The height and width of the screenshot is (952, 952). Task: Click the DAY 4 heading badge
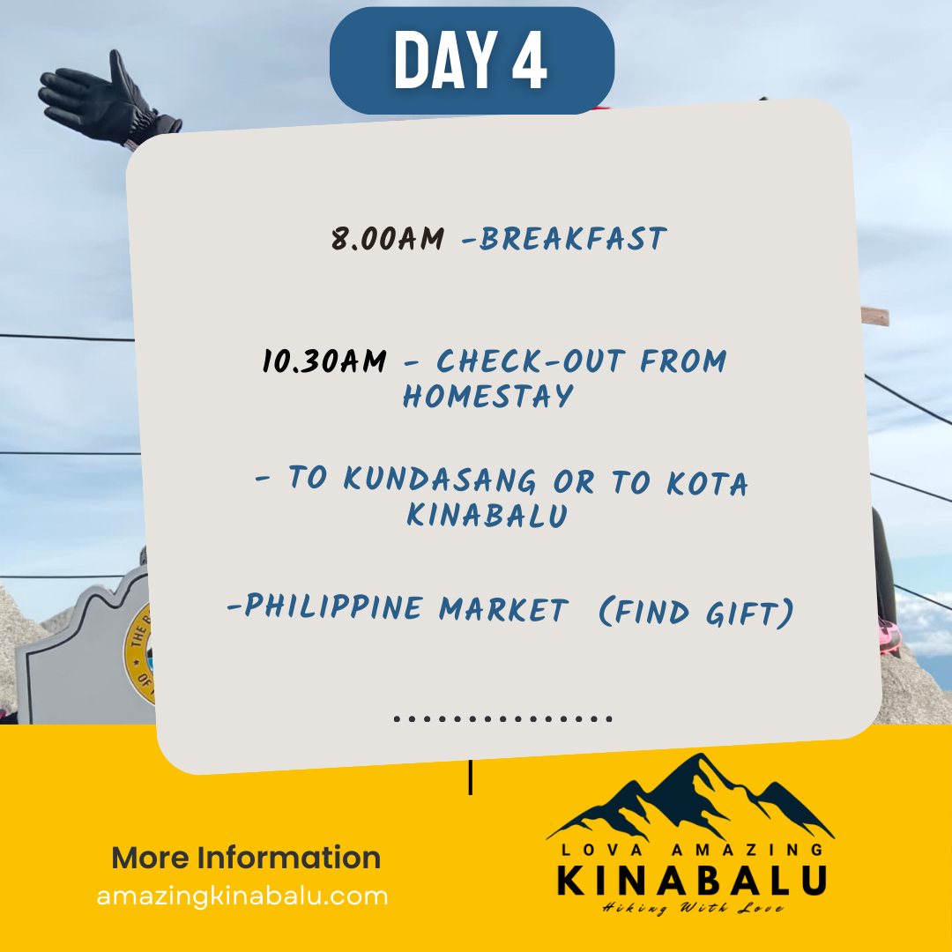[472, 60]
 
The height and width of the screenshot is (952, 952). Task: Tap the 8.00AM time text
[388, 238]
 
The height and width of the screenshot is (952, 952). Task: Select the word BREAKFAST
[573, 239]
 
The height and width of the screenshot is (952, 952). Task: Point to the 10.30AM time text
[324, 361]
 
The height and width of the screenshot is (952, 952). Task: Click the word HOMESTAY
[488, 396]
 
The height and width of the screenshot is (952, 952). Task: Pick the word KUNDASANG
[440, 479]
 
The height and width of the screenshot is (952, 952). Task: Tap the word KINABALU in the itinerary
[487, 515]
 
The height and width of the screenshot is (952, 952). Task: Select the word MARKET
[504, 609]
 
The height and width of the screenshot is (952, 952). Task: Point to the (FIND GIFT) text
[696, 612]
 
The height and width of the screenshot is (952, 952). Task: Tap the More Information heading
[246, 858]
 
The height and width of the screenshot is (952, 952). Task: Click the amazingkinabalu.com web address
[242, 896]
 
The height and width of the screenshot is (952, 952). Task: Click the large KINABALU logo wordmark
[692, 881]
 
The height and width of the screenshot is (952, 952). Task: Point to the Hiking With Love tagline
[693, 908]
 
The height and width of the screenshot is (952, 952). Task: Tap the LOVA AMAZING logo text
[692, 850]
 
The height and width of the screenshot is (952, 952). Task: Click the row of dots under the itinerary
[503, 719]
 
